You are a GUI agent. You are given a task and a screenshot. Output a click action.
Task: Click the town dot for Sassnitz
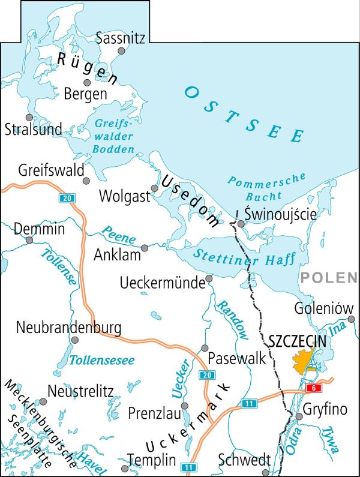click(x=122, y=52)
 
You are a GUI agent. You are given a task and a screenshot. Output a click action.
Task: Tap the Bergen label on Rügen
click(x=86, y=94)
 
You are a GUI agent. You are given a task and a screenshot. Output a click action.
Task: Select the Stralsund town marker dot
click(x=28, y=118)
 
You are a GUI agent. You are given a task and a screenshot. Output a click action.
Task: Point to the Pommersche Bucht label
click(x=268, y=187)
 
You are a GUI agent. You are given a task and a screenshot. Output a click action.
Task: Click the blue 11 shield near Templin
click(x=190, y=467)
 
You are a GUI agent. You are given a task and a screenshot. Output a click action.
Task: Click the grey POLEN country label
click(x=328, y=277)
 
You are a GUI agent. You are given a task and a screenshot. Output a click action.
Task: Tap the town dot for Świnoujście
click(x=241, y=224)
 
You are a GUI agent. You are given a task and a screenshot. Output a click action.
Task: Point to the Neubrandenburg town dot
click(x=74, y=340)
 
